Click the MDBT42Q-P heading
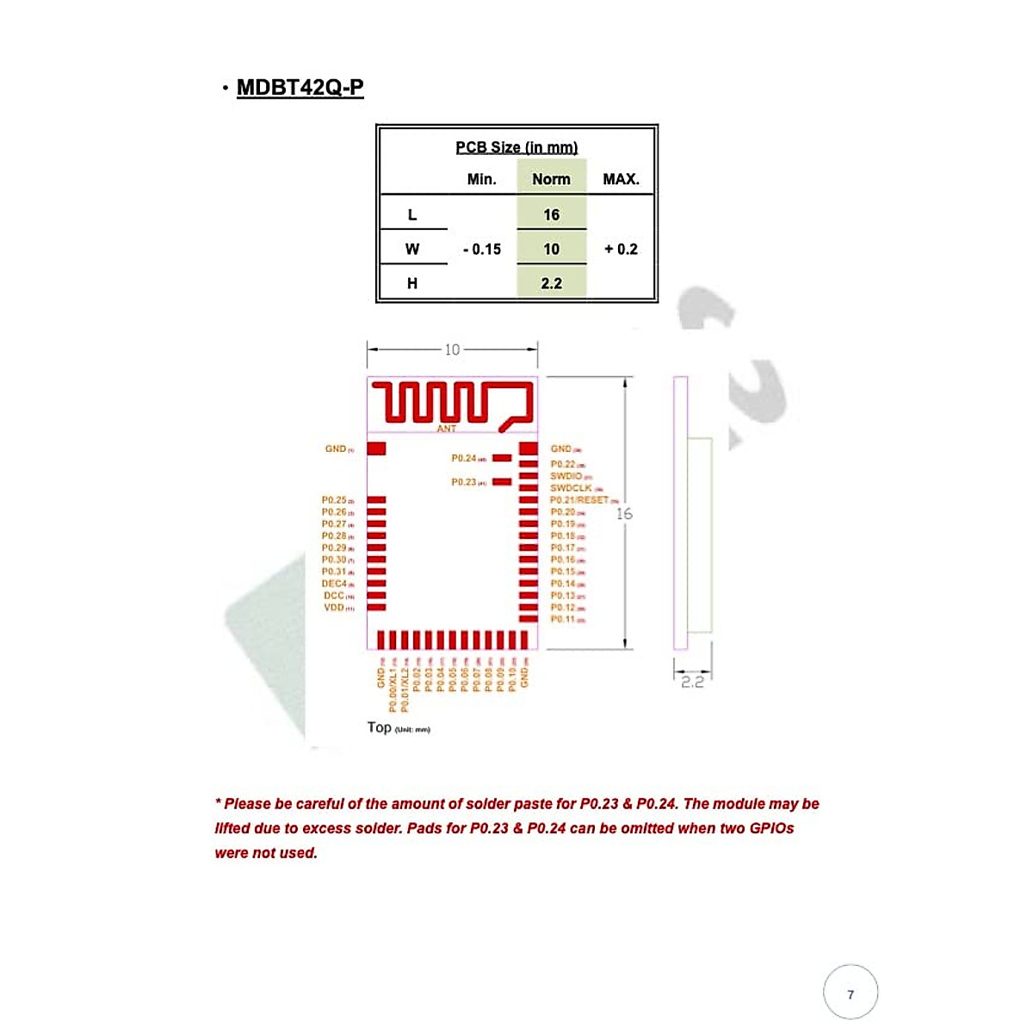click(x=300, y=88)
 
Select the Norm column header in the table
click(x=551, y=179)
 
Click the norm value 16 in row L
click(x=551, y=214)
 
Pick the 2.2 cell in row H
click(x=551, y=283)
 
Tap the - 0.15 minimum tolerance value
click(x=482, y=249)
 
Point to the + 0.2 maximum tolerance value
click(x=621, y=249)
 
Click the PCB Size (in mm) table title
click(x=516, y=147)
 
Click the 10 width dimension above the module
click(x=452, y=349)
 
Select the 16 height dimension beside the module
click(x=624, y=514)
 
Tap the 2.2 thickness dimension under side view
click(x=692, y=682)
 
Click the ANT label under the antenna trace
click(x=447, y=429)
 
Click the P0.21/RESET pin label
click(x=579, y=500)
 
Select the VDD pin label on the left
click(x=334, y=608)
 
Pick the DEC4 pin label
click(x=334, y=584)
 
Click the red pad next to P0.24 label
click(x=502, y=458)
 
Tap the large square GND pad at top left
click(x=376, y=448)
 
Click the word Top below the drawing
click(x=379, y=727)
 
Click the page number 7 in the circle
click(x=851, y=994)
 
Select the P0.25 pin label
click(x=334, y=500)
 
